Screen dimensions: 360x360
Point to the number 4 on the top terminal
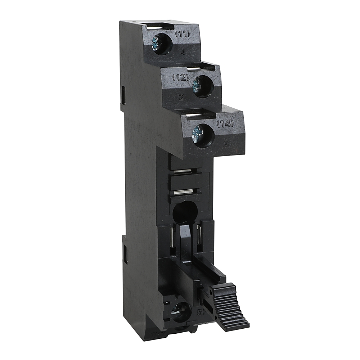click(x=183, y=53)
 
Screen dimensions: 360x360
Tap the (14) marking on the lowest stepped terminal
click(x=225, y=123)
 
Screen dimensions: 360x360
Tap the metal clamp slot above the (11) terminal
click(x=158, y=26)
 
